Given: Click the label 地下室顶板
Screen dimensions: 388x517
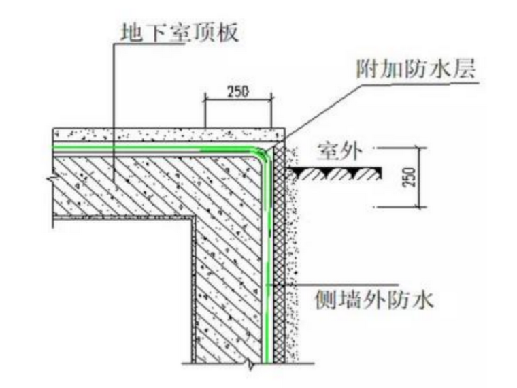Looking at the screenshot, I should [x=178, y=32].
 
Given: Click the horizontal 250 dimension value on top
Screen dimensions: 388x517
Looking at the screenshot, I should [x=238, y=92].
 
